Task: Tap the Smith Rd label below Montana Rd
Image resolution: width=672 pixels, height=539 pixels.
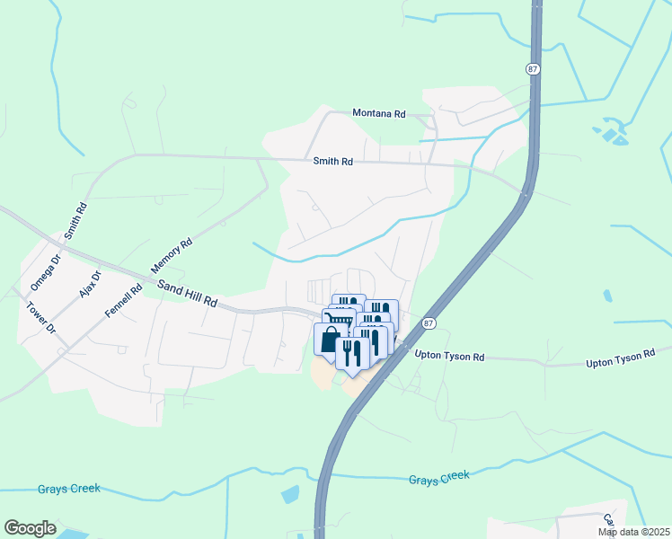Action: tap(332, 162)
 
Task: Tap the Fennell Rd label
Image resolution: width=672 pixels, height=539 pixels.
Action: tap(124, 303)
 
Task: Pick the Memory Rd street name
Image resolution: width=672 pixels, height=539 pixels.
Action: tap(172, 256)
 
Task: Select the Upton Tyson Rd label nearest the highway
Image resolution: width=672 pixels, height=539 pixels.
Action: tap(449, 357)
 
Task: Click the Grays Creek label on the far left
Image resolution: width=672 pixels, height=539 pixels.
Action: tap(69, 490)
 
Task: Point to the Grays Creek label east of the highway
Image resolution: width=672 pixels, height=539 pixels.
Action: tap(438, 479)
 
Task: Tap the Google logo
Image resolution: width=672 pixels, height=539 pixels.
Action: tap(30, 528)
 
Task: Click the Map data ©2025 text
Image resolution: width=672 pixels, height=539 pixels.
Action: tap(632, 532)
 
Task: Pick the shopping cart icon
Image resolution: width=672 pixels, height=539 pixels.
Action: tap(339, 319)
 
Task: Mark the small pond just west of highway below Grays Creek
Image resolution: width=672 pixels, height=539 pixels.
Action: tap(290, 494)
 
